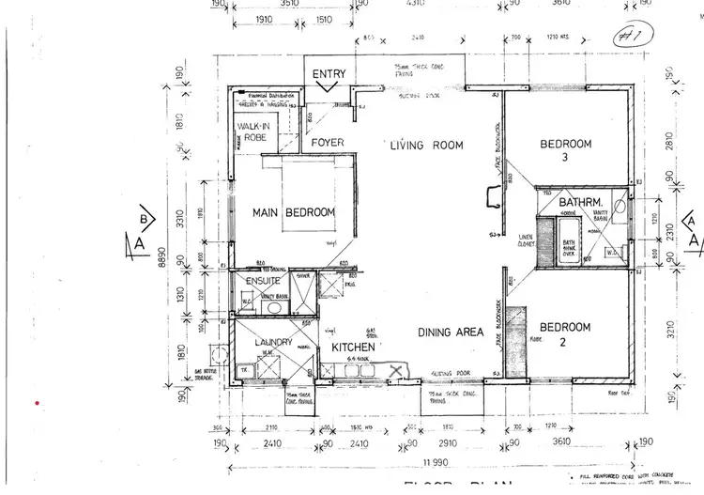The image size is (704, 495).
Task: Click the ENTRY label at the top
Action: pyautogui.click(x=329, y=74)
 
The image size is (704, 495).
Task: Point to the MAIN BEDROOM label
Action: pyautogui.click(x=294, y=213)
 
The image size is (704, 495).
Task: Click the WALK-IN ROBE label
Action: pyautogui.click(x=253, y=131)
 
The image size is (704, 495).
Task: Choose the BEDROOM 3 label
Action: pyautogui.click(x=565, y=150)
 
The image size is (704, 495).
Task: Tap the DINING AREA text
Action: pyautogui.click(x=451, y=332)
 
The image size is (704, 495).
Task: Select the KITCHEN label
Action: pyautogui.click(x=353, y=348)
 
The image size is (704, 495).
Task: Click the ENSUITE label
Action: pyautogui.click(x=264, y=281)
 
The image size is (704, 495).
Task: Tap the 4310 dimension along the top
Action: pyautogui.click(x=414, y=4)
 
